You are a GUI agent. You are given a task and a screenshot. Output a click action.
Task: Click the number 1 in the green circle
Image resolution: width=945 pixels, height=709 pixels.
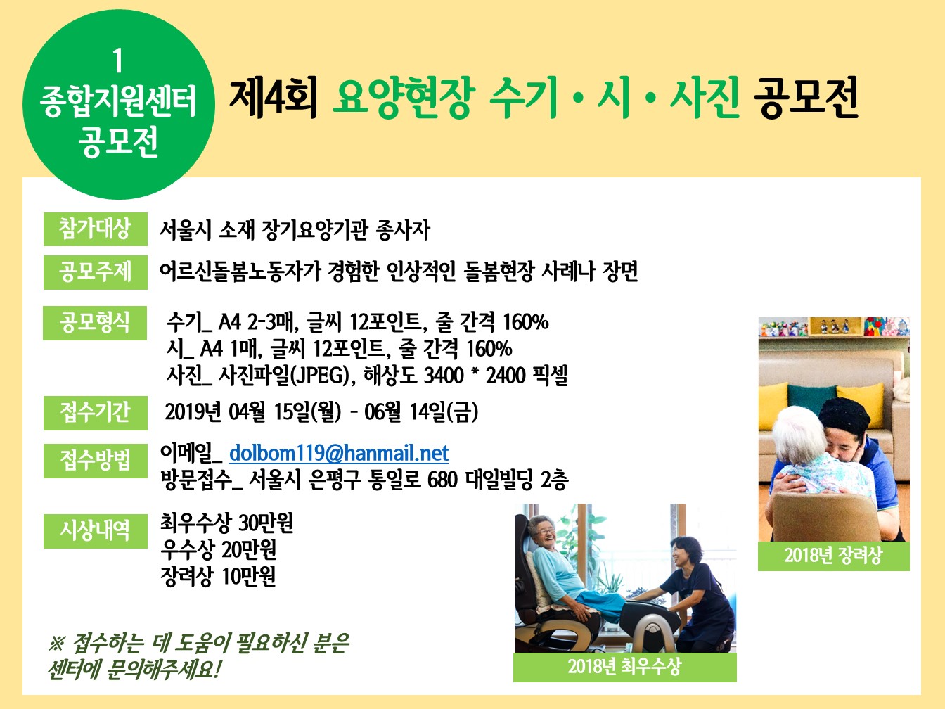pos(117,60)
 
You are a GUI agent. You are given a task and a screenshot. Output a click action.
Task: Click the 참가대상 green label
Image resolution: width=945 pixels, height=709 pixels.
pos(95,229)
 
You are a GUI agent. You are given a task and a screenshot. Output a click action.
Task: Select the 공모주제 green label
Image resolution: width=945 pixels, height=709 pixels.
pos(95,272)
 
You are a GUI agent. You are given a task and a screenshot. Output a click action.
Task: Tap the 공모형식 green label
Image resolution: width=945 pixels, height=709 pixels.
pos(95,323)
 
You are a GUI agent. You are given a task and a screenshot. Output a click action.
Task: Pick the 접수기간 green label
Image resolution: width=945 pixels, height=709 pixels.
pos(95,413)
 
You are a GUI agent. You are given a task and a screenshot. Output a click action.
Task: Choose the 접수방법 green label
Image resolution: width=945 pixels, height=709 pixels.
pos(95,461)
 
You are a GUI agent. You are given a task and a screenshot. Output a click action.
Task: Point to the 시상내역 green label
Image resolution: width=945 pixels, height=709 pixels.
pos(95,531)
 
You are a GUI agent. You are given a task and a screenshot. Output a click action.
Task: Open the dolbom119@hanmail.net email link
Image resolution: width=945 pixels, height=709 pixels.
pos(339,453)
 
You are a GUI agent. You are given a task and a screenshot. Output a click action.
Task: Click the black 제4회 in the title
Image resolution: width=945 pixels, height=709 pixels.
pos(274,98)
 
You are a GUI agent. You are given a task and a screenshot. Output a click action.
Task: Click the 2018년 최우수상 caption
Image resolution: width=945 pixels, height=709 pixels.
pos(624,667)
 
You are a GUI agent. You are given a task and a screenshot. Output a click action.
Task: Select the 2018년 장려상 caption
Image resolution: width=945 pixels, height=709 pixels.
pos(833,556)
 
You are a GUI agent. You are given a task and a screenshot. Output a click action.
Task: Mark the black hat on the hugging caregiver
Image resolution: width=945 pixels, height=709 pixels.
pos(843,414)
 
